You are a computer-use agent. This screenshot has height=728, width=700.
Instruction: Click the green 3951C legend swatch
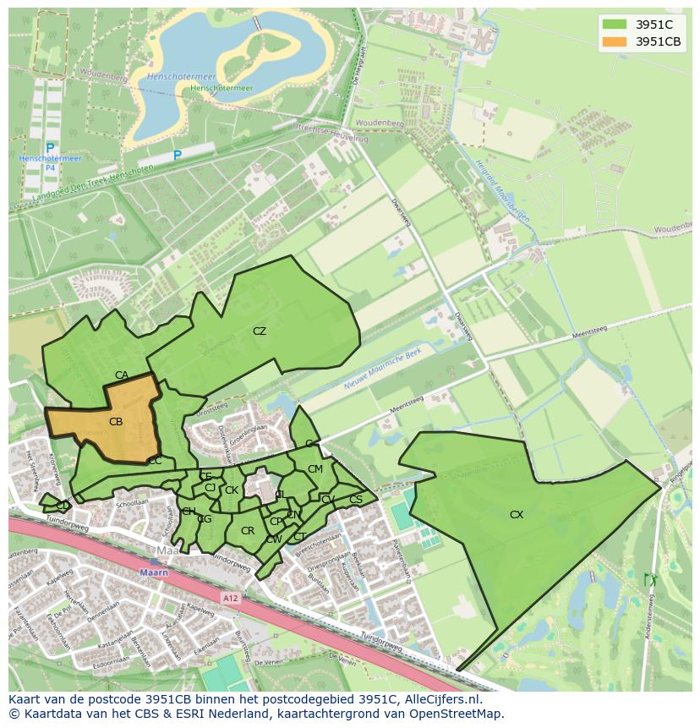tap(614, 25)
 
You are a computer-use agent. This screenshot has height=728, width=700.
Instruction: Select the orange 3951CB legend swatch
tap(614, 41)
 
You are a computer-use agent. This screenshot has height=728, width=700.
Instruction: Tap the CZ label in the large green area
tap(260, 331)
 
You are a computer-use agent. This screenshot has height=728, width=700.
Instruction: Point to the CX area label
tap(517, 514)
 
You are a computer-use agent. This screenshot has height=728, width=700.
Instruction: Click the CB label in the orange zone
tap(116, 421)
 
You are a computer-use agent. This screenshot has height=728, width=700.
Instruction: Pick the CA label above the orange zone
tap(122, 375)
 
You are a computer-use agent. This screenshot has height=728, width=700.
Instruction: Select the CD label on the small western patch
tap(63, 505)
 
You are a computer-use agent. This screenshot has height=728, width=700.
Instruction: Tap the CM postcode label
tap(314, 469)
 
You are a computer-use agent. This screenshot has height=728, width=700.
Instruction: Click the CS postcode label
tap(355, 500)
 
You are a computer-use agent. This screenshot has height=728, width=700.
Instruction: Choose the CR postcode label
tap(248, 531)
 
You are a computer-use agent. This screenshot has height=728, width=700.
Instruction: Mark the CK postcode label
tap(231, 490)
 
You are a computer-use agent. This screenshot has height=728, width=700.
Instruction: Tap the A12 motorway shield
tap(231, 597)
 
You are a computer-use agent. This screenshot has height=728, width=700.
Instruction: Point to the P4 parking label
tap(50, 168)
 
